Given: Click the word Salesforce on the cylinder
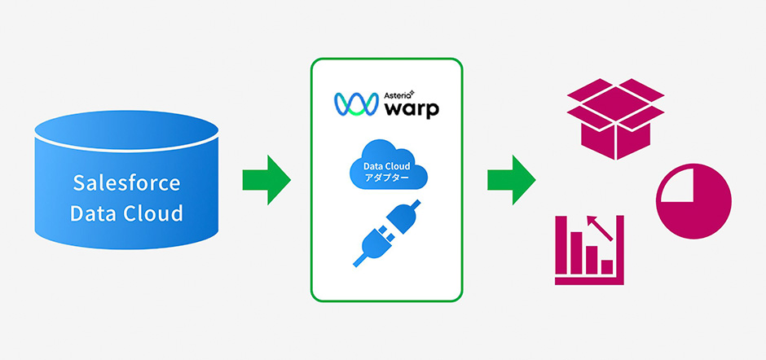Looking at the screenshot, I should tap(126, 182).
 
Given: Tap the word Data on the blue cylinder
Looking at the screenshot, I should tap(95, 214).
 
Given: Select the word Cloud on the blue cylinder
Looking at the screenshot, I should tap(155, 214).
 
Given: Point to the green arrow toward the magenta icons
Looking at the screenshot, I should tap(511, 179).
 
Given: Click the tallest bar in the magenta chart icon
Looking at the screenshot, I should tap(574, 253).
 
